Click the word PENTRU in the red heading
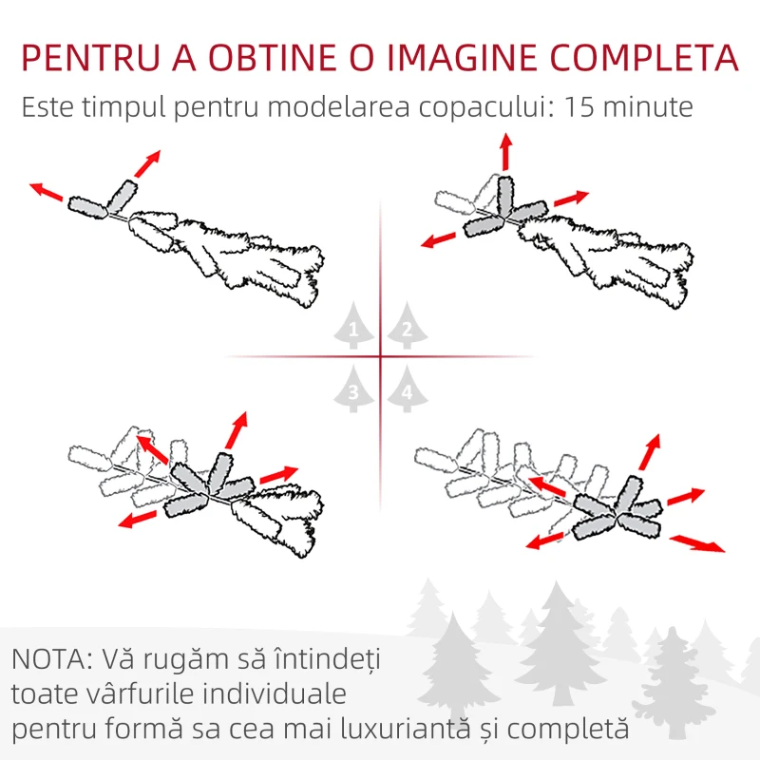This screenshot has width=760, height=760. pyautogui.click(x=91, y=58)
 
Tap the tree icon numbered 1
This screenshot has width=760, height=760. pyautogui.click(x=353, y=325)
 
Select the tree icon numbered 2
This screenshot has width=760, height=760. pyautogui.click(x=407, y=325)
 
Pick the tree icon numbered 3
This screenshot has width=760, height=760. pyautogui.click(x=353, y=389)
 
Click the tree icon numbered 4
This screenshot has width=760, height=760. pyautogui.click(x=407, y=389)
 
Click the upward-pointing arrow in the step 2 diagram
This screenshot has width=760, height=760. pyautogui.click(x=506, y=152)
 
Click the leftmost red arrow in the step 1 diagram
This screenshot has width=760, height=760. pyautogui.click(x=46, y=192)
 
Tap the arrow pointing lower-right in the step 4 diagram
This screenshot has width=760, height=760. pyautogui.click(x=697, y=543)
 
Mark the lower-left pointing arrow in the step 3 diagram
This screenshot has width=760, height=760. pyautogui.click(x=138, y=519)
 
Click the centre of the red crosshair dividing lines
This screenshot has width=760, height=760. pyautogui.click(x=381, y=357)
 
